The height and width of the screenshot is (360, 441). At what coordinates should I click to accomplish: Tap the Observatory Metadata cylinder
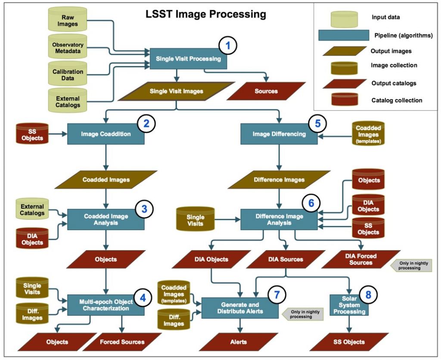coord(68,48)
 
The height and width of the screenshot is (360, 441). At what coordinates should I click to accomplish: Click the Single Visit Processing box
coord(188,59)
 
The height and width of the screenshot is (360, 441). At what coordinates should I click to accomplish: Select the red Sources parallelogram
coord(266,91)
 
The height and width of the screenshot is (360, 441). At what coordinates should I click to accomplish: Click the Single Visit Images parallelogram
coord(177,91)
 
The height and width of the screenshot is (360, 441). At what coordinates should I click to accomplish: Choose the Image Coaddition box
coord(106,134)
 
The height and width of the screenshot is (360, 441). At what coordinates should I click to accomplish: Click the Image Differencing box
coord(279,134)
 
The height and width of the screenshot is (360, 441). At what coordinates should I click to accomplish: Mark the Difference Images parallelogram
coord(279,179)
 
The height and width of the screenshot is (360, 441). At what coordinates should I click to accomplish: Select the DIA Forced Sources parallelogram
coord(360,259)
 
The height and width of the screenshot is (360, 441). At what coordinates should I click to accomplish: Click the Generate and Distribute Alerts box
coord(240,308)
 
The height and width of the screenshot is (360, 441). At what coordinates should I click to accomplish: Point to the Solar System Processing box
coord(349,305)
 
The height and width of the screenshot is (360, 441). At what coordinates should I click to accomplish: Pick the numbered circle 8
coord(368,294)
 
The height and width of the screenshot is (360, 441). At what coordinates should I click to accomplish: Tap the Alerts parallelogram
coord(235,342)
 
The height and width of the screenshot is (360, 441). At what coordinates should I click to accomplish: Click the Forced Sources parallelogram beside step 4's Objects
coord(122,342)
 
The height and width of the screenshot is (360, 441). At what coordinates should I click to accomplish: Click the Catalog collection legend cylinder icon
coord(344,100)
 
